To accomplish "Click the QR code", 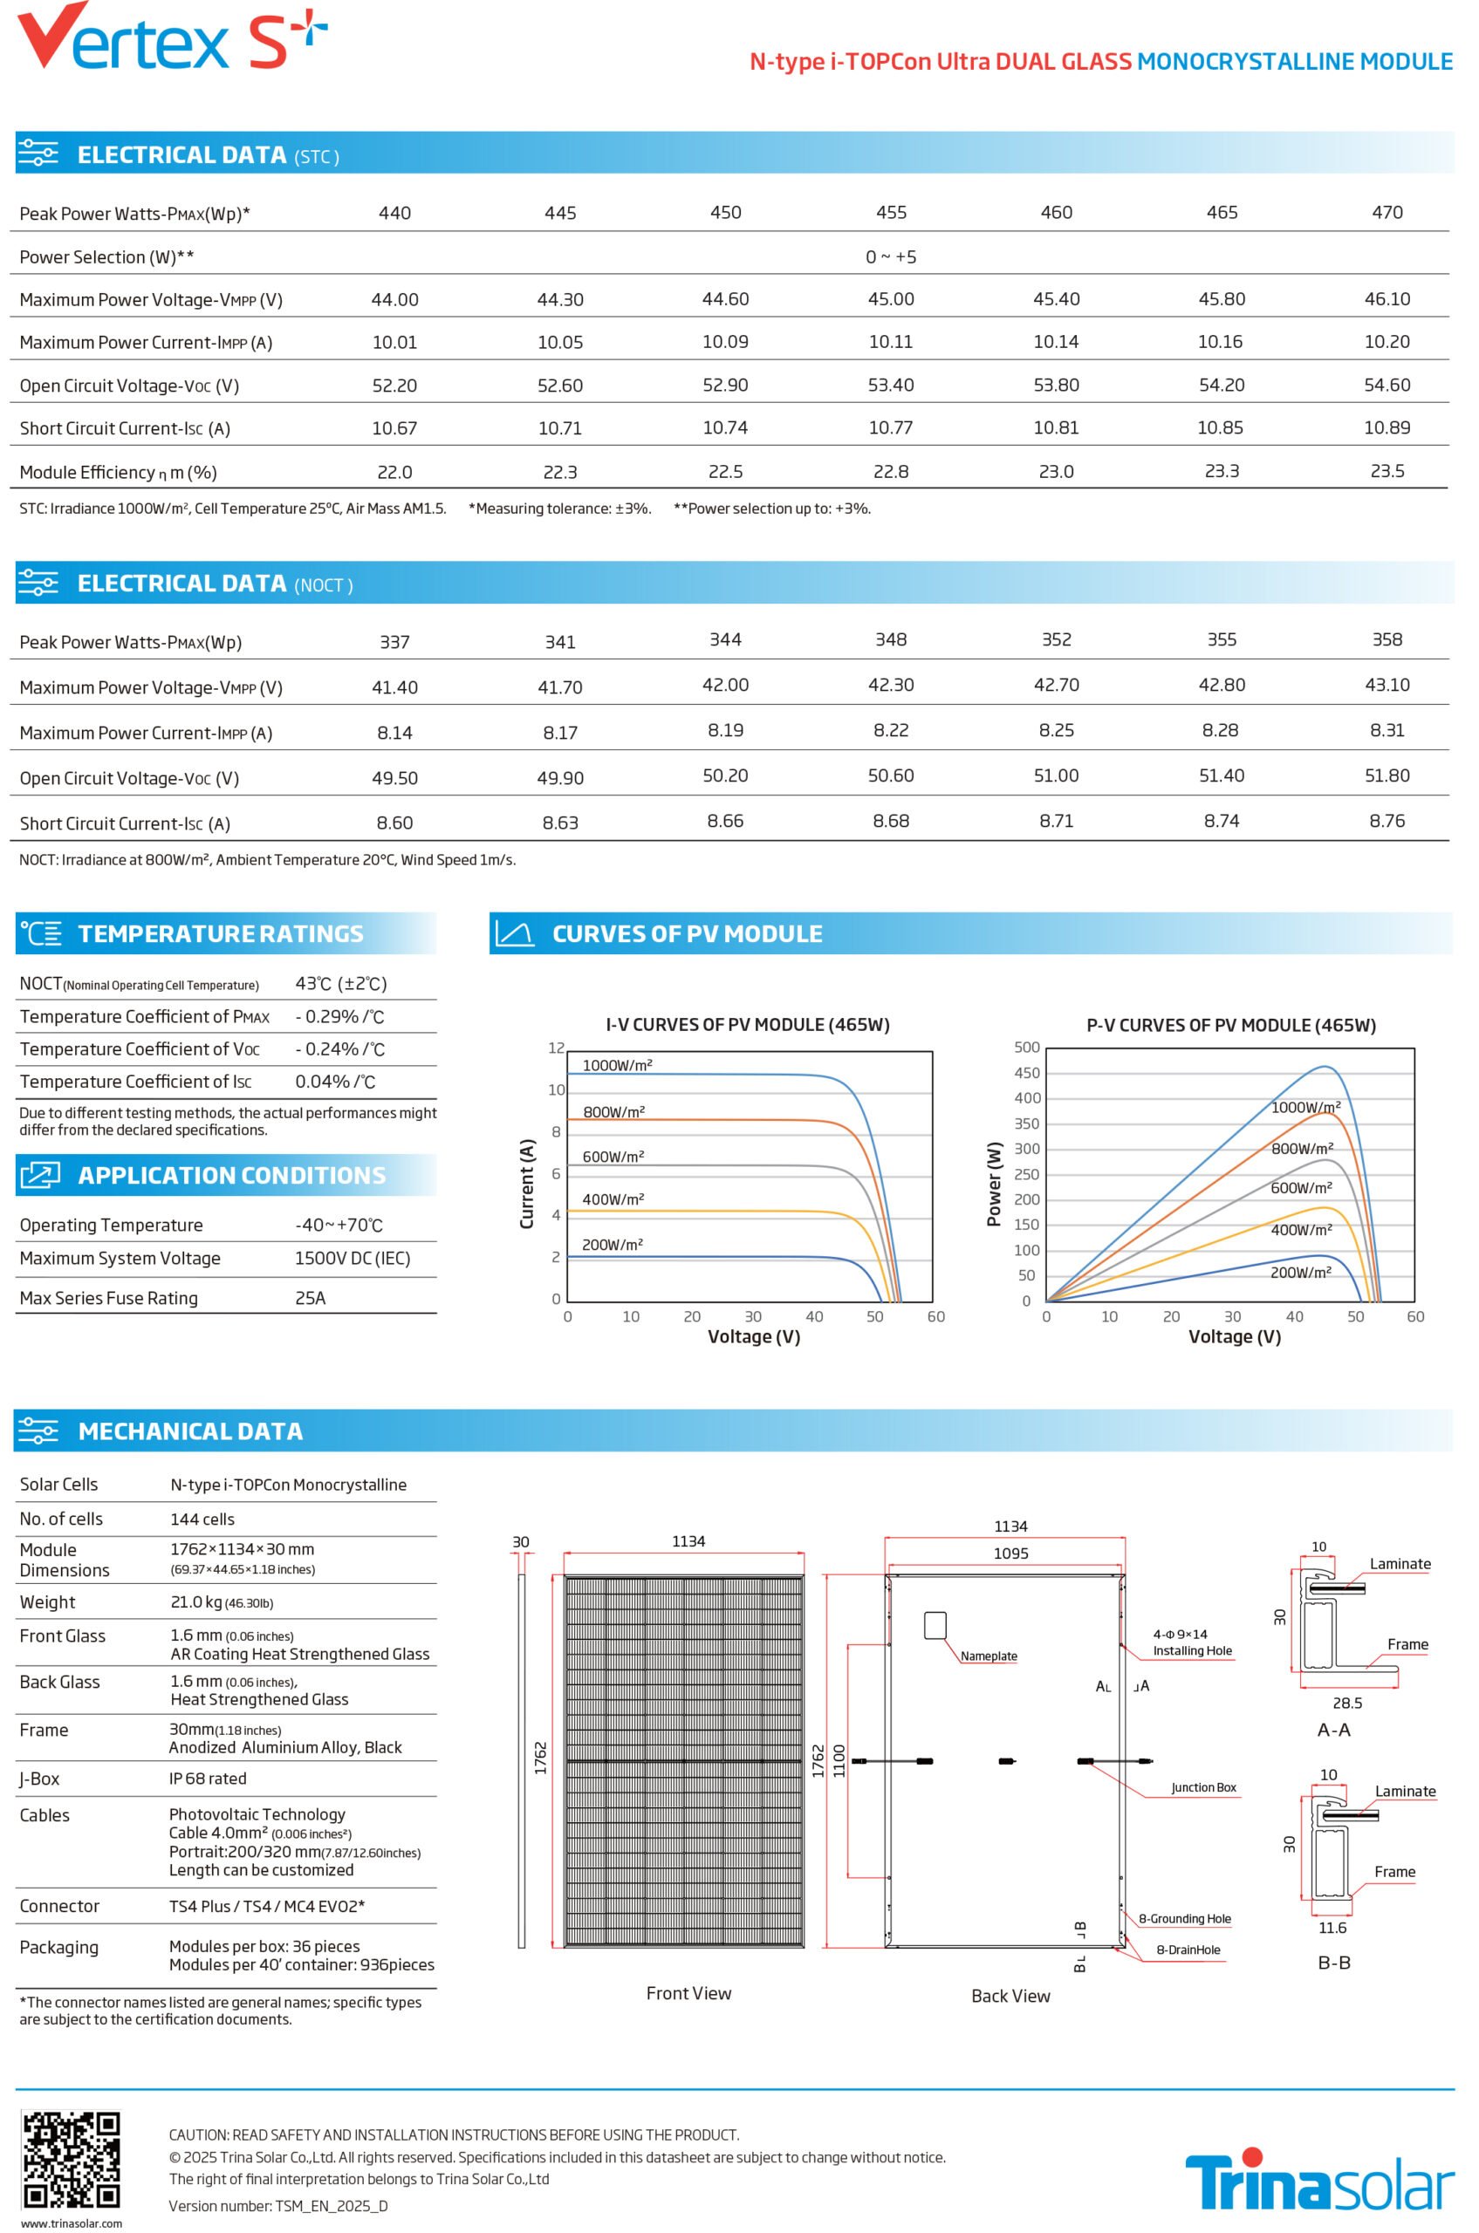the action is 72,2160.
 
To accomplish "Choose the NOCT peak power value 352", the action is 1057,639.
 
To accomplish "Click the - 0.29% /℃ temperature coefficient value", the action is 339,1016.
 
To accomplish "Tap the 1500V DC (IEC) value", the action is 353,1258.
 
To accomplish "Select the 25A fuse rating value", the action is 311,1298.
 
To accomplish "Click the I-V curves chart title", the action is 748,1024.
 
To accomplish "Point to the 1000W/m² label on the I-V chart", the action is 618,1065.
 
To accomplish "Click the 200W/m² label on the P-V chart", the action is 1301,1272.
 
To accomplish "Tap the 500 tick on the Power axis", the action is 1027,1047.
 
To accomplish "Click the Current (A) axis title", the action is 527,1184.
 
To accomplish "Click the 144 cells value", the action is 202,1519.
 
